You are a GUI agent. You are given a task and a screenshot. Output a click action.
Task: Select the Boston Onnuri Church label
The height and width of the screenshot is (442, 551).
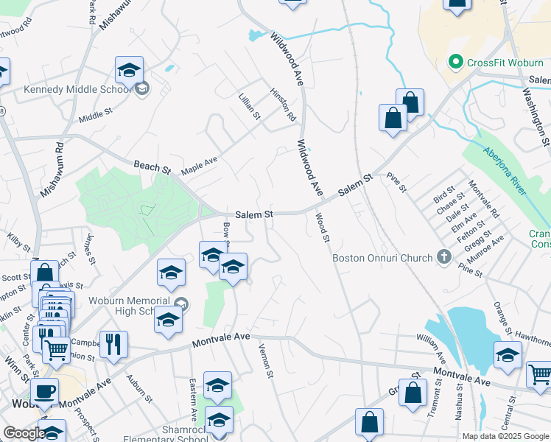coord(382,258)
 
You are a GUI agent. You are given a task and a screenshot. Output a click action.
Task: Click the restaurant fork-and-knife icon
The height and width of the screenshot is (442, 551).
coord(113,343)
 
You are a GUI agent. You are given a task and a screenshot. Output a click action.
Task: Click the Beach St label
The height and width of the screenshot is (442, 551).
coord(151,166)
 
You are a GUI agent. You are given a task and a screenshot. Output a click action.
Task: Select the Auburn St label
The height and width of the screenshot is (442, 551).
coord(138,384)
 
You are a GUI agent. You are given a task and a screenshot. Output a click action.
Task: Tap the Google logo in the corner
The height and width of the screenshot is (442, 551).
coord(24,433)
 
